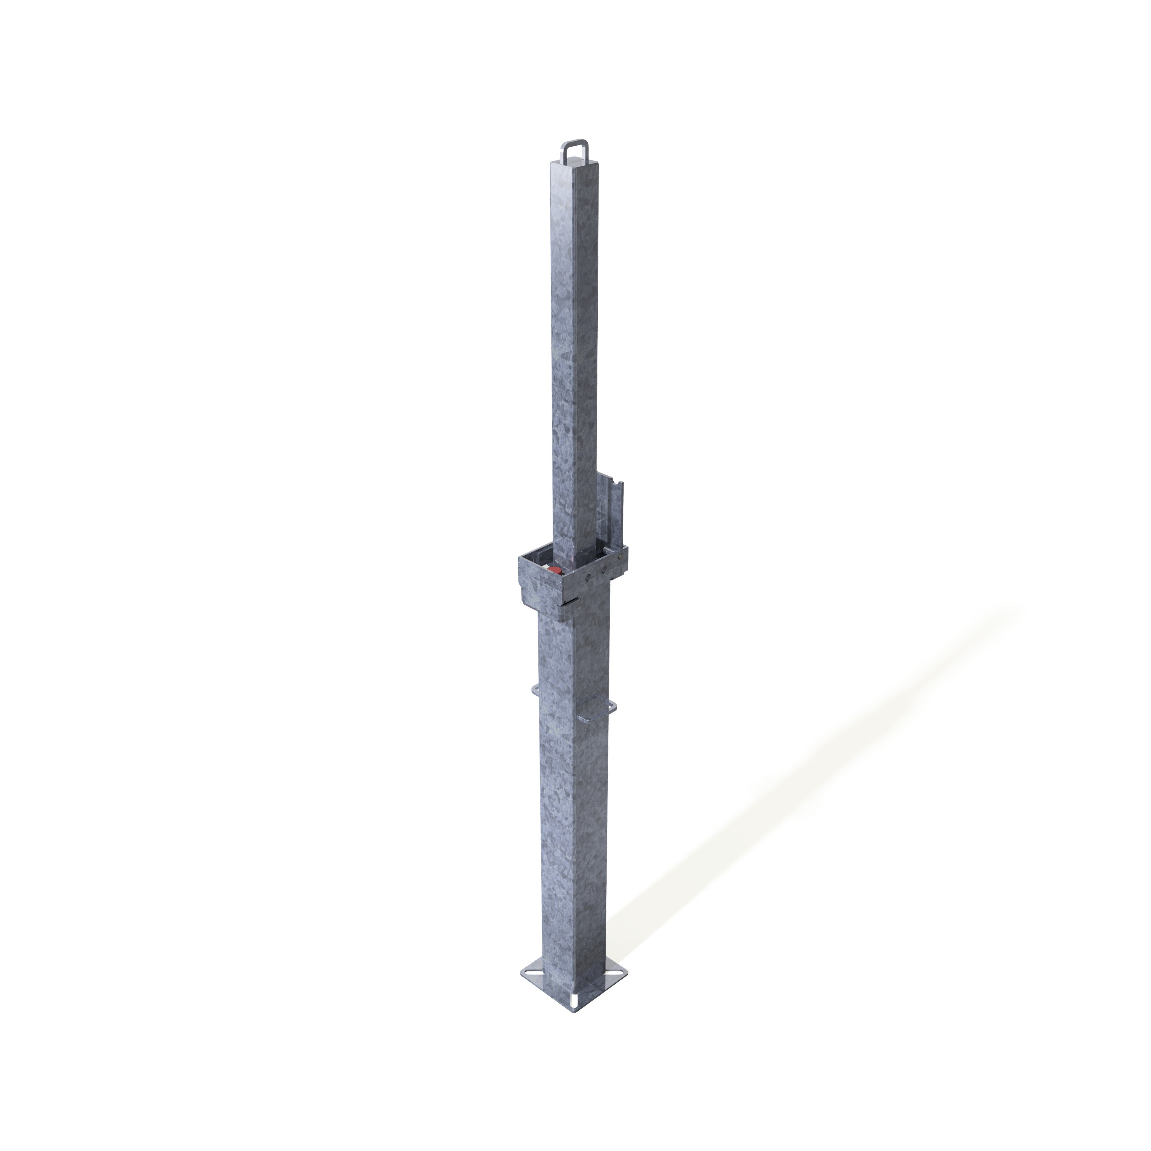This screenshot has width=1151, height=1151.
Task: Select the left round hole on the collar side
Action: [589, 577]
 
